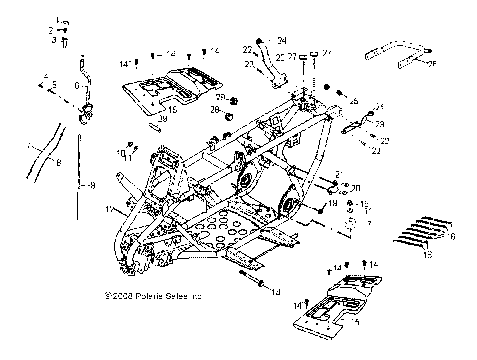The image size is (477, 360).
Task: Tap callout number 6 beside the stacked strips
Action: point(453,237)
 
